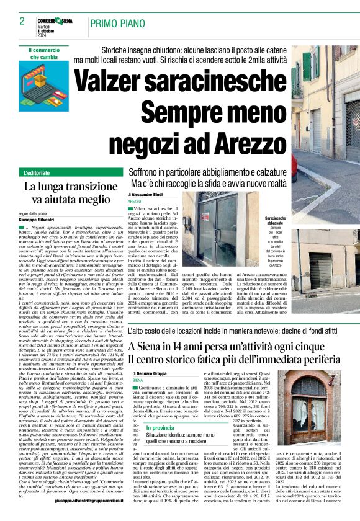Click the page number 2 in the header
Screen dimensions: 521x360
pos(22,21)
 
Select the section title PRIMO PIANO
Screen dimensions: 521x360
pos(115,24)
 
